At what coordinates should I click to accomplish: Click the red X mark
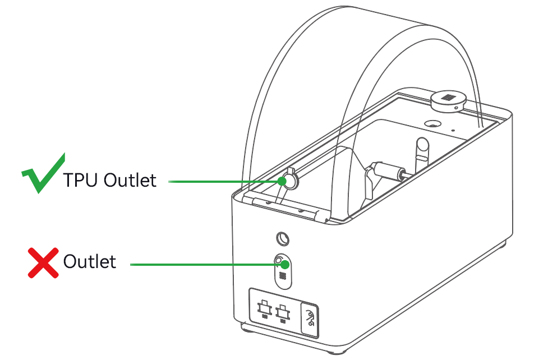43,263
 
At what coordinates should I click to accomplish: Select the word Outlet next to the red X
90,261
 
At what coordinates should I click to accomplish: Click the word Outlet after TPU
130,181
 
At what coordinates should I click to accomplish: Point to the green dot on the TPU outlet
282,181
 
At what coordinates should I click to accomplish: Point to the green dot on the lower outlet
285,264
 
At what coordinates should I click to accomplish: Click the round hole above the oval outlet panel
283,239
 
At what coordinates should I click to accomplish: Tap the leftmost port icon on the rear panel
265,310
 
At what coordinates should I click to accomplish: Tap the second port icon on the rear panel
283,312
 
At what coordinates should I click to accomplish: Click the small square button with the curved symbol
310,320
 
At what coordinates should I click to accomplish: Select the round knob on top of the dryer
448,101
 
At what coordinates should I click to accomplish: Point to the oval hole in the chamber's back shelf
433,123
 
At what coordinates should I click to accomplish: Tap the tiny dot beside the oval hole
453,131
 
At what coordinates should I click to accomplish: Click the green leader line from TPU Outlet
225,181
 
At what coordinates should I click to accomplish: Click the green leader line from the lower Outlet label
207,265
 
